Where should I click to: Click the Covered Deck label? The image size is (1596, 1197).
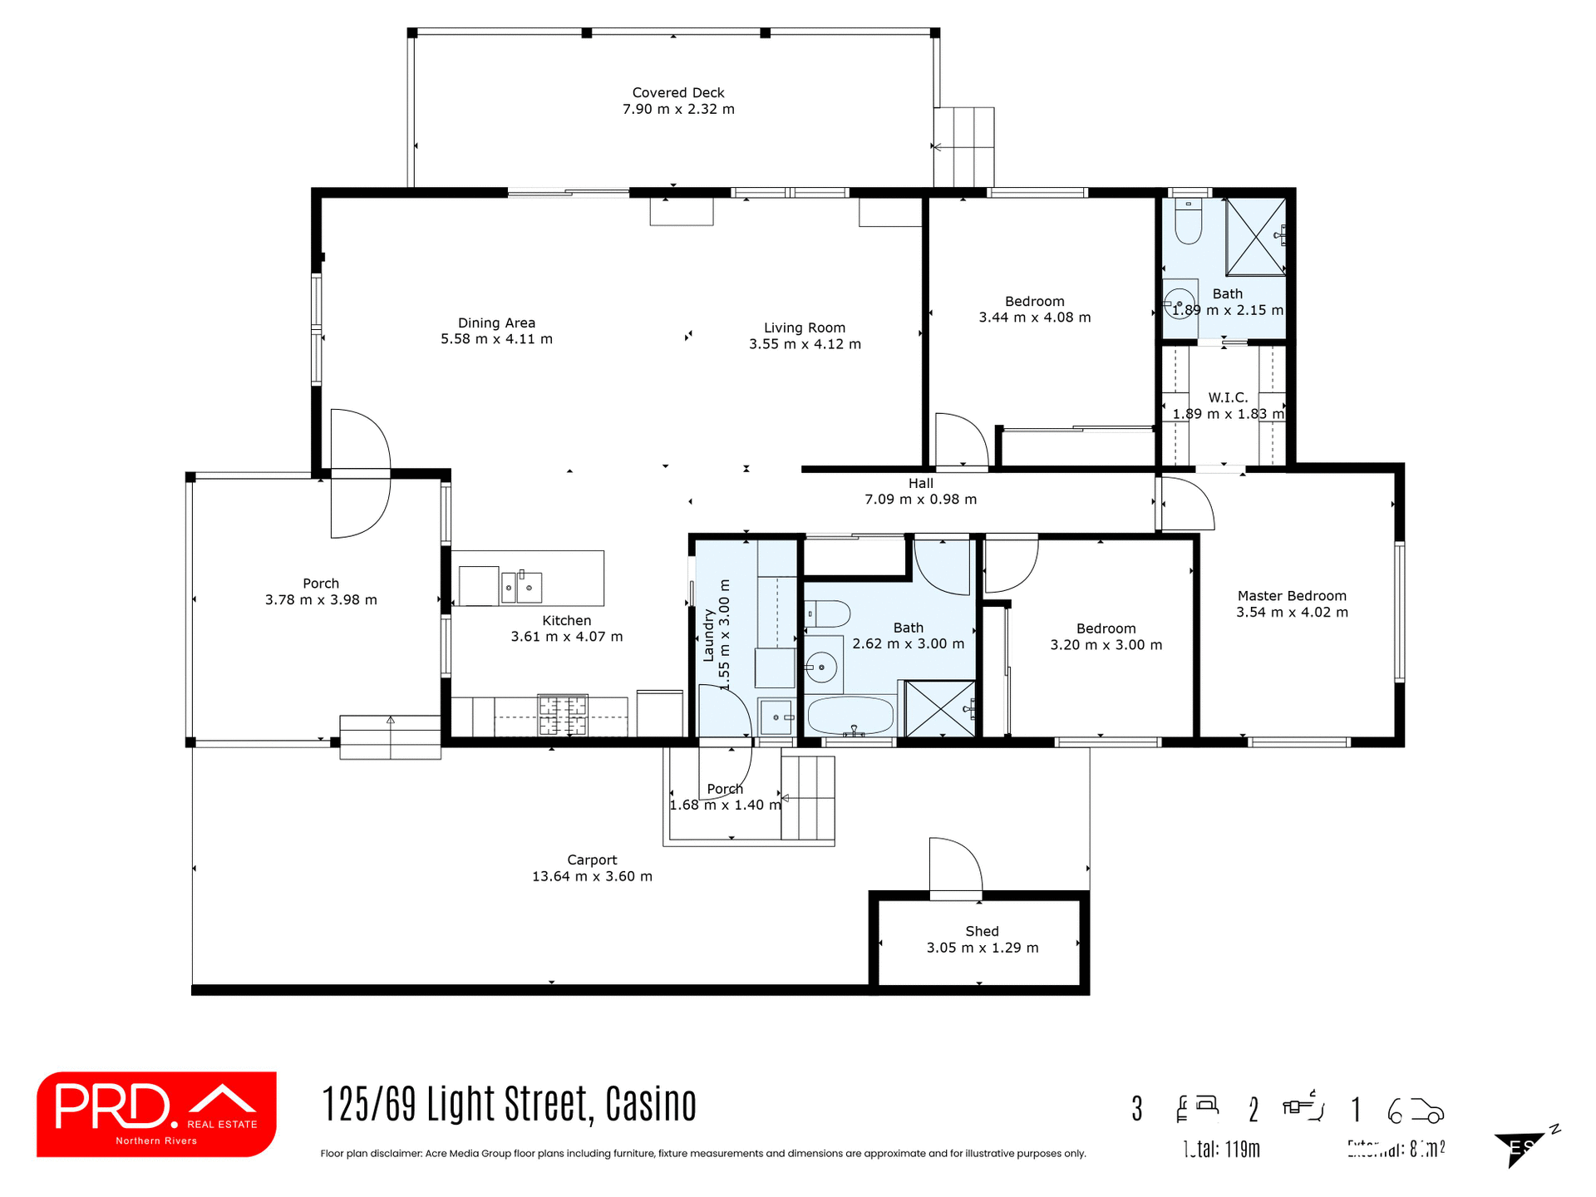point(677,92)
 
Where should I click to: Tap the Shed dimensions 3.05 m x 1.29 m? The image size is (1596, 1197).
point(982,948)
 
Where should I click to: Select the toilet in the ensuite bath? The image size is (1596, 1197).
point(1188,221)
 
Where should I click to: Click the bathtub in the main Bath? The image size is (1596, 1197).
point(850,715)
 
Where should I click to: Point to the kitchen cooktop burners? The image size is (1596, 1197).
point(563,715)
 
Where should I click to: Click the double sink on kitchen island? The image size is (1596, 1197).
point(520,587)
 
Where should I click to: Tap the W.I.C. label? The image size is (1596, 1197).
point(1228,397)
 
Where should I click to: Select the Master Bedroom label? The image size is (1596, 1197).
point(1291,596)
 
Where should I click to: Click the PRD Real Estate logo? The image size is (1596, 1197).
point(156,1114)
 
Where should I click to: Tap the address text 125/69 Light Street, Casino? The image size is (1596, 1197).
point(509,1105)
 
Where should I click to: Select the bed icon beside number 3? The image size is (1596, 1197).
point(1197,1107)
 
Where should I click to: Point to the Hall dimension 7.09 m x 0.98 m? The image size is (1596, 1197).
point(920,500)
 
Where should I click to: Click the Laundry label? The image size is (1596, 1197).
point(709,635)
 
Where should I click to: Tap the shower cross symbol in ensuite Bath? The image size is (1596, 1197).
point(1255,236)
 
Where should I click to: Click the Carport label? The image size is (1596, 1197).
point(592,860)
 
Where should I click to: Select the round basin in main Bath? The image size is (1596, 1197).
point(821,667)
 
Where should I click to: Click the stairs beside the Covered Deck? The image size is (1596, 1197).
point(963,147)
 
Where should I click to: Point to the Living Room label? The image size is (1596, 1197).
point(804,328)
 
